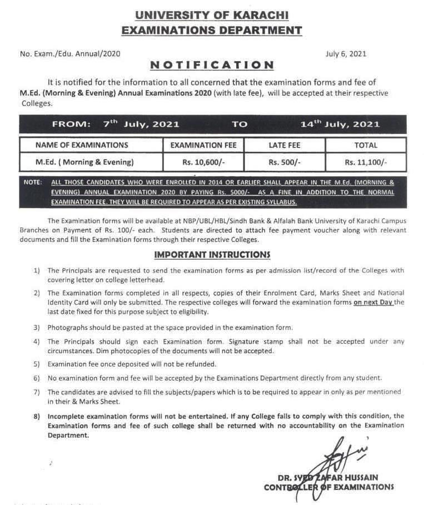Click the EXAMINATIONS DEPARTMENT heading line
coord(212,30)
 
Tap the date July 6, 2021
coord(346,54)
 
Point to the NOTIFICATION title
coord(212,65)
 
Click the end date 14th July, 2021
coord(340,124)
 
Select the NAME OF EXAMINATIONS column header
coord(82,145)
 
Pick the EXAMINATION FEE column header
coord(203,145)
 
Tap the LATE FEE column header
coord(285,145)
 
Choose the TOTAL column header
coord(366,145)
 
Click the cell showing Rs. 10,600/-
coord(203,162)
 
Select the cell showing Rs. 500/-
coord(285,162)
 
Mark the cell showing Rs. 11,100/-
coord(366,162)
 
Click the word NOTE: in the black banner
coord(33,182)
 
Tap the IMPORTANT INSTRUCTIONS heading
coord(212,255)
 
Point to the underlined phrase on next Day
coord(373,302)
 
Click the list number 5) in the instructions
coord(37,364)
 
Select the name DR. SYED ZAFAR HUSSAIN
coord(329,477)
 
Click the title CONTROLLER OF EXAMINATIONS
coord(329,487)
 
